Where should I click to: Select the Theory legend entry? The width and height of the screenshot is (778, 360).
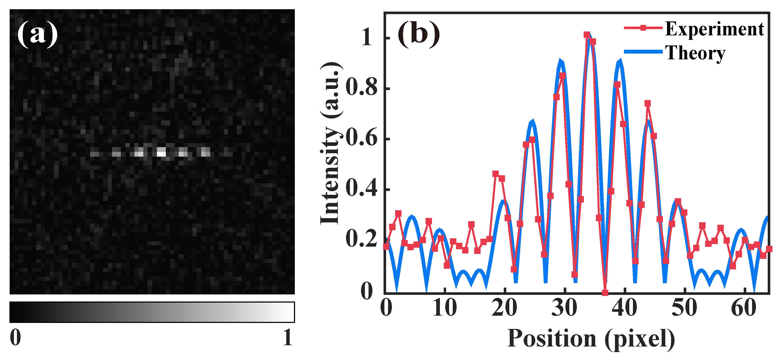(695, 53)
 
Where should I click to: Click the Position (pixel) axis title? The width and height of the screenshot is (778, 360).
(591, 338)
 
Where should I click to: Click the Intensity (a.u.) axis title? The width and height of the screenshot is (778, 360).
(331, 143)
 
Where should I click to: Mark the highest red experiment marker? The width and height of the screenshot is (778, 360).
(586, 35)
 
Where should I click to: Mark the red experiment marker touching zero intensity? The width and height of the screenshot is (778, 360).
(605, 292)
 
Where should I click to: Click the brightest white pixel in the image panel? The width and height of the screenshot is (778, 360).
(162, 153)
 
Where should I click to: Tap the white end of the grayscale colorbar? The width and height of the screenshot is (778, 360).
(290, 312)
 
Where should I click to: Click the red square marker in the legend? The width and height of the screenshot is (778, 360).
(643, 28)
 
